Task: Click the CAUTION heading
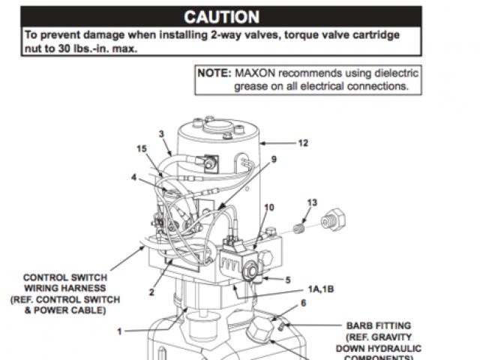(222, 16)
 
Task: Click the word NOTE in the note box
(214, 73)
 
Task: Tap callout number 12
(302, 142)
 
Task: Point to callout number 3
(161, 133)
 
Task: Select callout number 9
(273, 159)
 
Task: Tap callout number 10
(269, 207)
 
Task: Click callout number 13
(312, 203)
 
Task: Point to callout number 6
(303, 302)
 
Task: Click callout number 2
(151, 292)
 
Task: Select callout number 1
(118, 329)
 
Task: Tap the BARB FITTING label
(378, 326)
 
